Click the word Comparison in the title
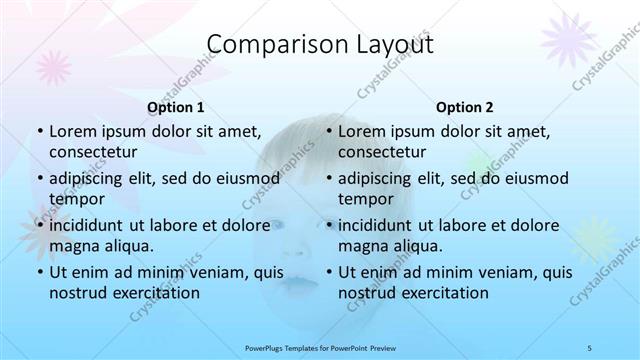[x=266, y=45]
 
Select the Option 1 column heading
[x=176, y=107]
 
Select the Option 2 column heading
[x=465, y=107]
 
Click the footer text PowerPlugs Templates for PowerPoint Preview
[x=320, y=347]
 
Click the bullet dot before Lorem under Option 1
[x=39, y=132]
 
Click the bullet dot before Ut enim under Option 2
[x=328, y=272]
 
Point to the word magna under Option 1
[x=73, y=246]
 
